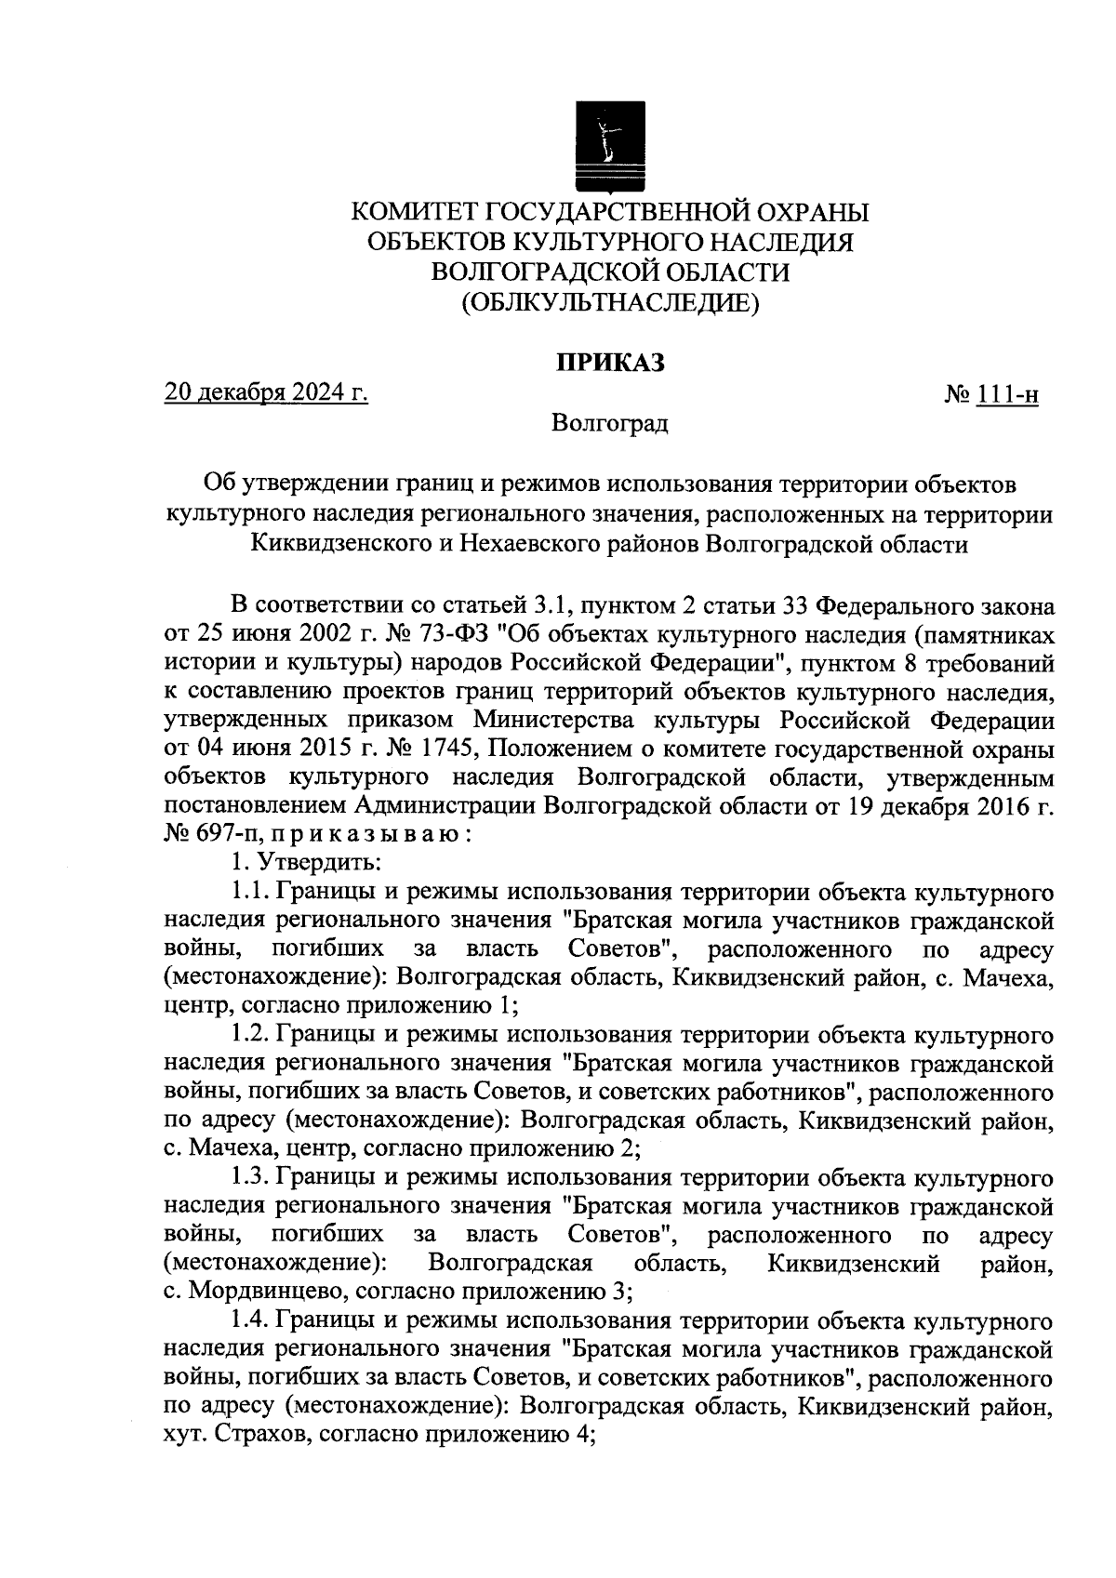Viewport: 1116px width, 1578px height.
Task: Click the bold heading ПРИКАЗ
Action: (x=609, y=363)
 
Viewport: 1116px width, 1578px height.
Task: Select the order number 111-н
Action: (x=1006, y=396)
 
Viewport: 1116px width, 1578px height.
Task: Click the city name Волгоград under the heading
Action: (x=609, y=424)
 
